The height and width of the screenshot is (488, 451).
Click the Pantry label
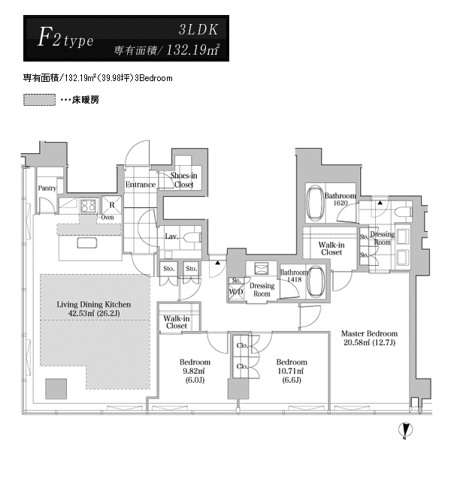pyautogui.click(x=47, y=188)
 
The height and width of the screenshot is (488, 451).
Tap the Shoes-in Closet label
pyautogui.click(x=184, y=180)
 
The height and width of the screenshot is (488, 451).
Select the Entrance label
pyautogui.click(x=141, y=185)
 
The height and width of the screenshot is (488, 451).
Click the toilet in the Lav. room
pyautogui.click(x=192, y=238)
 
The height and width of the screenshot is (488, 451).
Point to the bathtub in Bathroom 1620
pyautogui.click(x=315, y=203)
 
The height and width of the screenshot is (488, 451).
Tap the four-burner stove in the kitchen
pyautogui.click(x=89, y=206)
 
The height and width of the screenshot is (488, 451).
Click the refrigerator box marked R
pyautogui.click(x=112, y=205)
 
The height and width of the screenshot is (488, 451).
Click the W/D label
pyautogui.click(x=236, y=292)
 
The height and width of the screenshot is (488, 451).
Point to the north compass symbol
pyautogui.click(x=405, y=430)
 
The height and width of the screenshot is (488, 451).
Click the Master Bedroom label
pyautogui.click(x=369, y=333)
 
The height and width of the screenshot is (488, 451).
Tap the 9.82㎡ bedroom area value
pyautogui.click(x=193, y=371)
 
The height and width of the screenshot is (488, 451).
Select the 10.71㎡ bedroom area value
pyautogui.click(x=292, y=371)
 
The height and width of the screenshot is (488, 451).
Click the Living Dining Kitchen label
pyautogui.click(x=94, y=304)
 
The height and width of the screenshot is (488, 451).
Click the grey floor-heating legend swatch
pyautogui.click(x=39, y=100)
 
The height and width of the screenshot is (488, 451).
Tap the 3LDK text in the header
pyautogui.click(x=198, y=29)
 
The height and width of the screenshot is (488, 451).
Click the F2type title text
pyautogui.click(x=65, y=38)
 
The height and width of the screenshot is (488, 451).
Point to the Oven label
pyautogui.click(x=107, y=218)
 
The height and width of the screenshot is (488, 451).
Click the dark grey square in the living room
pyautogui.click(x=56, y=389)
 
